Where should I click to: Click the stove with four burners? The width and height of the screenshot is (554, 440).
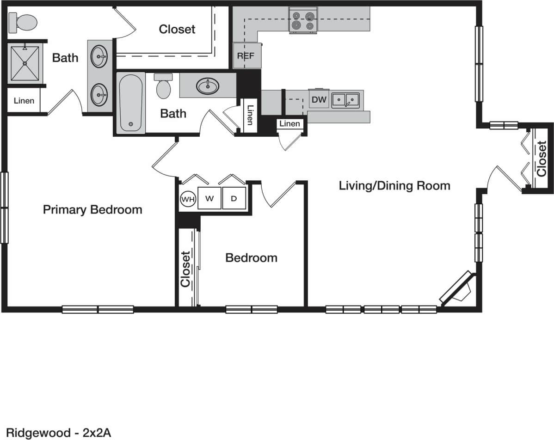[303, 20]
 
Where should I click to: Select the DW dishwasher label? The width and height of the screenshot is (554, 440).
[319, 99]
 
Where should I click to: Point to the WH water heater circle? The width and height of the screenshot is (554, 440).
[188, 199]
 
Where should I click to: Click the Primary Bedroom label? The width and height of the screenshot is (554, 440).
[92, 210]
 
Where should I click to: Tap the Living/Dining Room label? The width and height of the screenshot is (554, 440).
[394, 186]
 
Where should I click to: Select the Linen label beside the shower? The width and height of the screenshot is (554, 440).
[24, 100]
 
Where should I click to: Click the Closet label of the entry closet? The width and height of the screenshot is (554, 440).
[542, 158]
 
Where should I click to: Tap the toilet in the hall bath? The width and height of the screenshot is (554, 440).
[163, 87]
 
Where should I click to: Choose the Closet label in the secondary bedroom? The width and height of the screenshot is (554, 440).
[185, 269]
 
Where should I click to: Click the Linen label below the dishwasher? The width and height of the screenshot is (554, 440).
[290, 123]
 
